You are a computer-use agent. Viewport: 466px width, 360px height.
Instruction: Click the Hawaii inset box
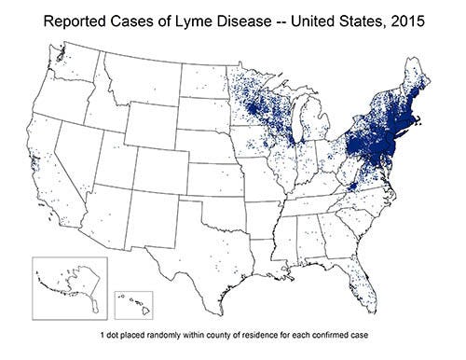(132, 303)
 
